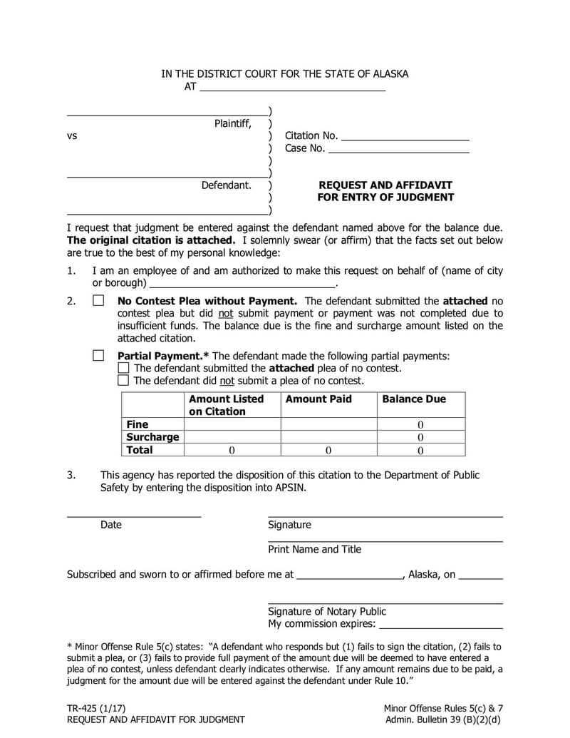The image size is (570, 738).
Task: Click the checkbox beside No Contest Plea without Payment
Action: pos(98,301)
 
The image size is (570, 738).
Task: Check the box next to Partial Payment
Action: pos(98,355)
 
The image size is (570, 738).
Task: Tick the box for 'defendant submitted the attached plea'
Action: pos(123,368)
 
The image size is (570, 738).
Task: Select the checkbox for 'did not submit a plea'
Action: pos(123,380)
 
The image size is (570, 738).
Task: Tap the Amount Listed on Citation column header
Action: pos(226,405)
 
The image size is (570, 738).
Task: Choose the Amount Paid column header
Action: pos(318,399)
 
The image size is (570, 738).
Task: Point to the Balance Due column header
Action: pos(414,399)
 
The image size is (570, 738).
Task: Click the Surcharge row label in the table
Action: pos(152,437)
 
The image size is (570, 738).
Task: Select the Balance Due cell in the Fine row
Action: pos(420,424)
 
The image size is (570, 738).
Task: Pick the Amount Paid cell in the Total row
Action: pos(328,450)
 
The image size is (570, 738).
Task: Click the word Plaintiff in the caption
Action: pos(233,124)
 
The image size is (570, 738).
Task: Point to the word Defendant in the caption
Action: pos(226,185)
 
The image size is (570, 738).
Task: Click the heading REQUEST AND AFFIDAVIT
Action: pos(385,185)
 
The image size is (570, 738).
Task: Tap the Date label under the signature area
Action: pos(111,525)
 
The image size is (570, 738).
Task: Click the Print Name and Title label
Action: pos(314,549)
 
